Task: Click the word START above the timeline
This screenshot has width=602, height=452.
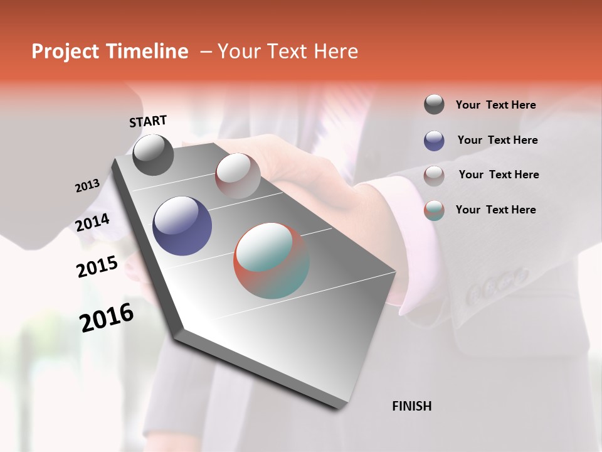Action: (148, 121)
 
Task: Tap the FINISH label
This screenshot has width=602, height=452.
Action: (411, 406)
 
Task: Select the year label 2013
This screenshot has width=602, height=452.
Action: (87, 186)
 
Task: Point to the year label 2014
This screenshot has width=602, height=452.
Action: (92, 222)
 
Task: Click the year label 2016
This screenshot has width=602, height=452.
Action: (107, 318)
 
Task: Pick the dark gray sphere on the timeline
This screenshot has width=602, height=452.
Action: (153, 155)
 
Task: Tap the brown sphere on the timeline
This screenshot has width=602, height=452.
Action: (237, 175)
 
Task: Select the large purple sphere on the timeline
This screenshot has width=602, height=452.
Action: (182, 225)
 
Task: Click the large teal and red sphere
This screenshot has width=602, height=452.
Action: (272, 261)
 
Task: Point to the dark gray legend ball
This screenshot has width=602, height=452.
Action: (434, 104)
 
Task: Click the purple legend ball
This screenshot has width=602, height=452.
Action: (434, 140)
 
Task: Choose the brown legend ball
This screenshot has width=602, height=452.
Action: (434, 175)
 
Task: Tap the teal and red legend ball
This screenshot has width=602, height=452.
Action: (434, 210)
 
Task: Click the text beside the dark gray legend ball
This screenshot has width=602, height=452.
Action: (495, 105)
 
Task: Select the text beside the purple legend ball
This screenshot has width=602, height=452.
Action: (497, 140)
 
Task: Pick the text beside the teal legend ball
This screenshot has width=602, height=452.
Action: (495, 210)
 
